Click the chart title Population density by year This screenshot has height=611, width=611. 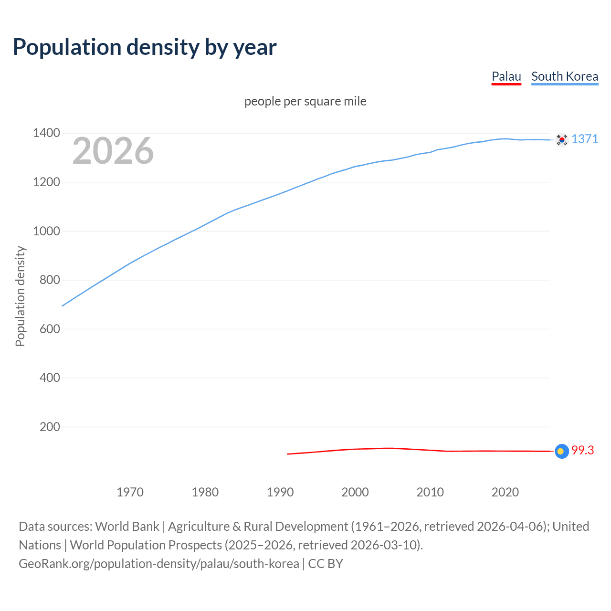pos(145,47)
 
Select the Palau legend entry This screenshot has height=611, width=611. pos(506,76)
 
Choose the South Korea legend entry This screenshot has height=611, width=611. pos(564,76)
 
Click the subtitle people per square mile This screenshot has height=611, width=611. pos(305,101)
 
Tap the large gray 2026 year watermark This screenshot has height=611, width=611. pos(113,151)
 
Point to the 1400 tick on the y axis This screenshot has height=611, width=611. pos(46,133)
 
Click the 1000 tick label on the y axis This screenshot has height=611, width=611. pos(46,231)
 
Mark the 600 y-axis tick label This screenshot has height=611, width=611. pos(50,329)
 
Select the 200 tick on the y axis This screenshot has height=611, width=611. pos(50,427)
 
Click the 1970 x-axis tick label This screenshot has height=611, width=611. pos(130,492)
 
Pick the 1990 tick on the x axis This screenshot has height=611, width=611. pos(280,492)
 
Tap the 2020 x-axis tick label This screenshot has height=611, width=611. pos(505,492)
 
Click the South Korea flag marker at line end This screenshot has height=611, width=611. pos(562,140)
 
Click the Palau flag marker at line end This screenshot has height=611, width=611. pos(562,451)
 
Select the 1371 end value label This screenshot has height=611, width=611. pos(585,139)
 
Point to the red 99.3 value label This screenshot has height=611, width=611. pos(582,450)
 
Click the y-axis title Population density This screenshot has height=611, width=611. pos(20,296)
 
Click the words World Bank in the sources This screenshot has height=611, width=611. pos(127,527)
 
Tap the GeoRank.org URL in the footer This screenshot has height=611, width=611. pos(158,564)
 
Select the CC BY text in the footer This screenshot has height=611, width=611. pos(326,564)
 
